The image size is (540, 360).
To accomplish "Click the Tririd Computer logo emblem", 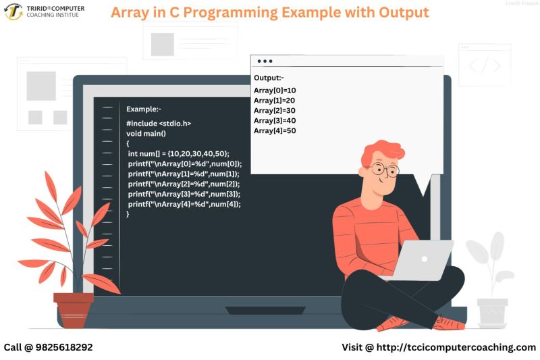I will pos(13,11).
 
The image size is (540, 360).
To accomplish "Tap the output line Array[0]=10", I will pos(275,91).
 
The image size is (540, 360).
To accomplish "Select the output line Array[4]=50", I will pos(275,131).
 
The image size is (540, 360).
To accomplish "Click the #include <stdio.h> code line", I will pos(159,124).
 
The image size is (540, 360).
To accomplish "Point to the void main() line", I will pos(146,134).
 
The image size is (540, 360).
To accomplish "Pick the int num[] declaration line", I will pos(178,153).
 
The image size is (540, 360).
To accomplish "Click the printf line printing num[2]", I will pos(184,184).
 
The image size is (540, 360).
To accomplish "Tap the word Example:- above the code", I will pos(144,109).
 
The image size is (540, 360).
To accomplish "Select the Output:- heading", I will pos(269,78).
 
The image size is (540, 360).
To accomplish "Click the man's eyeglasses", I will pos(385,170).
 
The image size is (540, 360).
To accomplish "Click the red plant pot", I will pos(74,309).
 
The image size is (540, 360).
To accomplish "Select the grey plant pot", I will pos(492,313).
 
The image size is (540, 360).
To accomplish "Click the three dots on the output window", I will pos(265,61).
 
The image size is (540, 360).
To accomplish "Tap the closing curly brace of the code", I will pos(128,214).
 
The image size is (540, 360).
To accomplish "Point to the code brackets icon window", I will pos(485,66).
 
